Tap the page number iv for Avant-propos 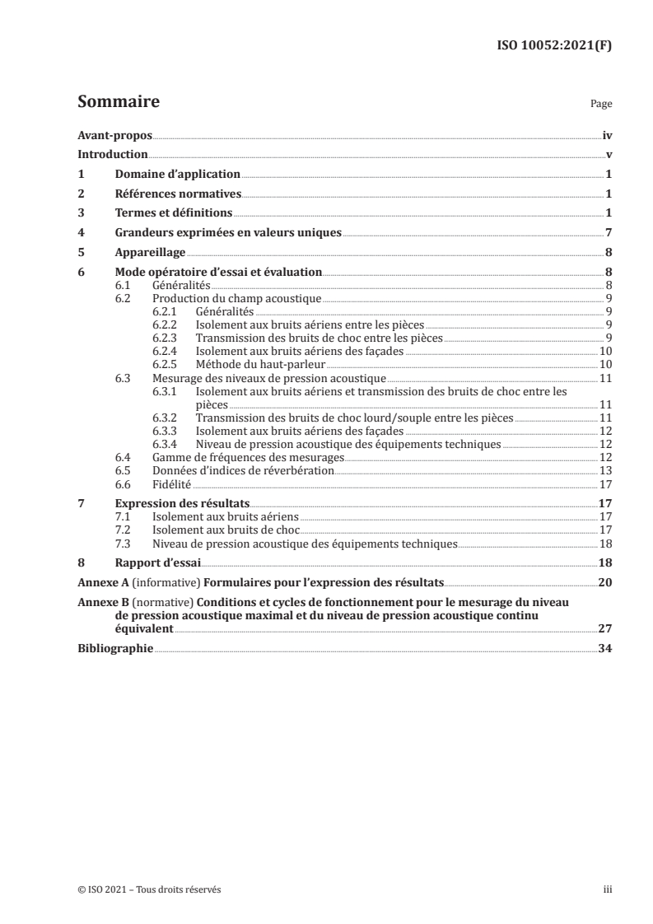click(607, 135)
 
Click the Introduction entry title click(113, 155)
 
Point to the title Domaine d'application click(177, 175)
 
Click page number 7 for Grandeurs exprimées click(608, 233)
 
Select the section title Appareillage click(150, 253)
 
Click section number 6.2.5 click(167, 363)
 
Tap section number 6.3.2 click(167, 418)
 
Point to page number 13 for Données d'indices click(605, 470)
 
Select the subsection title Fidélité click(172, 483)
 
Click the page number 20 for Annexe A click(605, 582)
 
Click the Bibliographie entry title click(115, 648)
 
